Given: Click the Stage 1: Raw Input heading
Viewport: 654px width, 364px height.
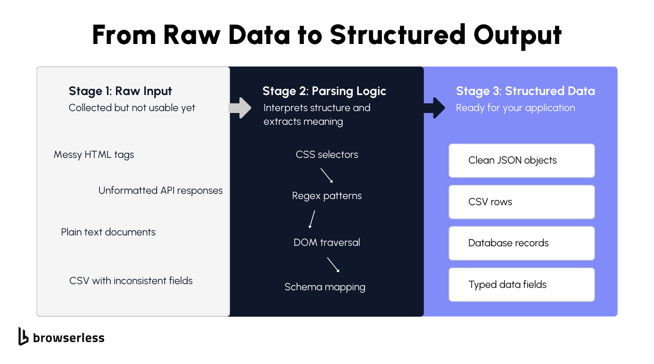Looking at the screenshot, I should click(120, 91).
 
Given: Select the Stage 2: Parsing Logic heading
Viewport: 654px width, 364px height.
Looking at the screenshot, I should click(324, 91).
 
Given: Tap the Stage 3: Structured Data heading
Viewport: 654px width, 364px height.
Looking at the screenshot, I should click(525, 91).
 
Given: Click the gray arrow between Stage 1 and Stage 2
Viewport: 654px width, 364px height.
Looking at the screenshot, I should click(240, 108).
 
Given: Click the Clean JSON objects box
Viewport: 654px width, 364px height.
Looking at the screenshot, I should click(521, 161).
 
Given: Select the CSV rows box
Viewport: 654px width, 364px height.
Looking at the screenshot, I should click(521, 202).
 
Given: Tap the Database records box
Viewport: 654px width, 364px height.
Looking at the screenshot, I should click(521, 243).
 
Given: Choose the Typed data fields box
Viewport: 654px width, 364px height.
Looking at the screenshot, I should click(521, 285).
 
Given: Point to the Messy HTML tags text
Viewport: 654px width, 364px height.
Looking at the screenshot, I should click(94, 155).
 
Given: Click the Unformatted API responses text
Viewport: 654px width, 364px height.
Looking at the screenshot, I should click(160, 191).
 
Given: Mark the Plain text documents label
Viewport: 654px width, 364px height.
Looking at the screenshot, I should click(108, 232).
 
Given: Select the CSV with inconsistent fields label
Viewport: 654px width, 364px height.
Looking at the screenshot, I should click(131, 281).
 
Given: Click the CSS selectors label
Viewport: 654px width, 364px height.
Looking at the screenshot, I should click(327, 155).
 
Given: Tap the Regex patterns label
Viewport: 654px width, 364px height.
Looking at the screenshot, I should click(327, 196).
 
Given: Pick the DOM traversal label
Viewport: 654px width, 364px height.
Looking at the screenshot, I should click(327, 243).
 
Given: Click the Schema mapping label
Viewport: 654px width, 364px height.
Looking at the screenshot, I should click(325, 287).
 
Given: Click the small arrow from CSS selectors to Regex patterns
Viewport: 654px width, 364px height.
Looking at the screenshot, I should click(327, 176).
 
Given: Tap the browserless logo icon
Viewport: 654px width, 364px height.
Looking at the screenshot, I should click(23, 336).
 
